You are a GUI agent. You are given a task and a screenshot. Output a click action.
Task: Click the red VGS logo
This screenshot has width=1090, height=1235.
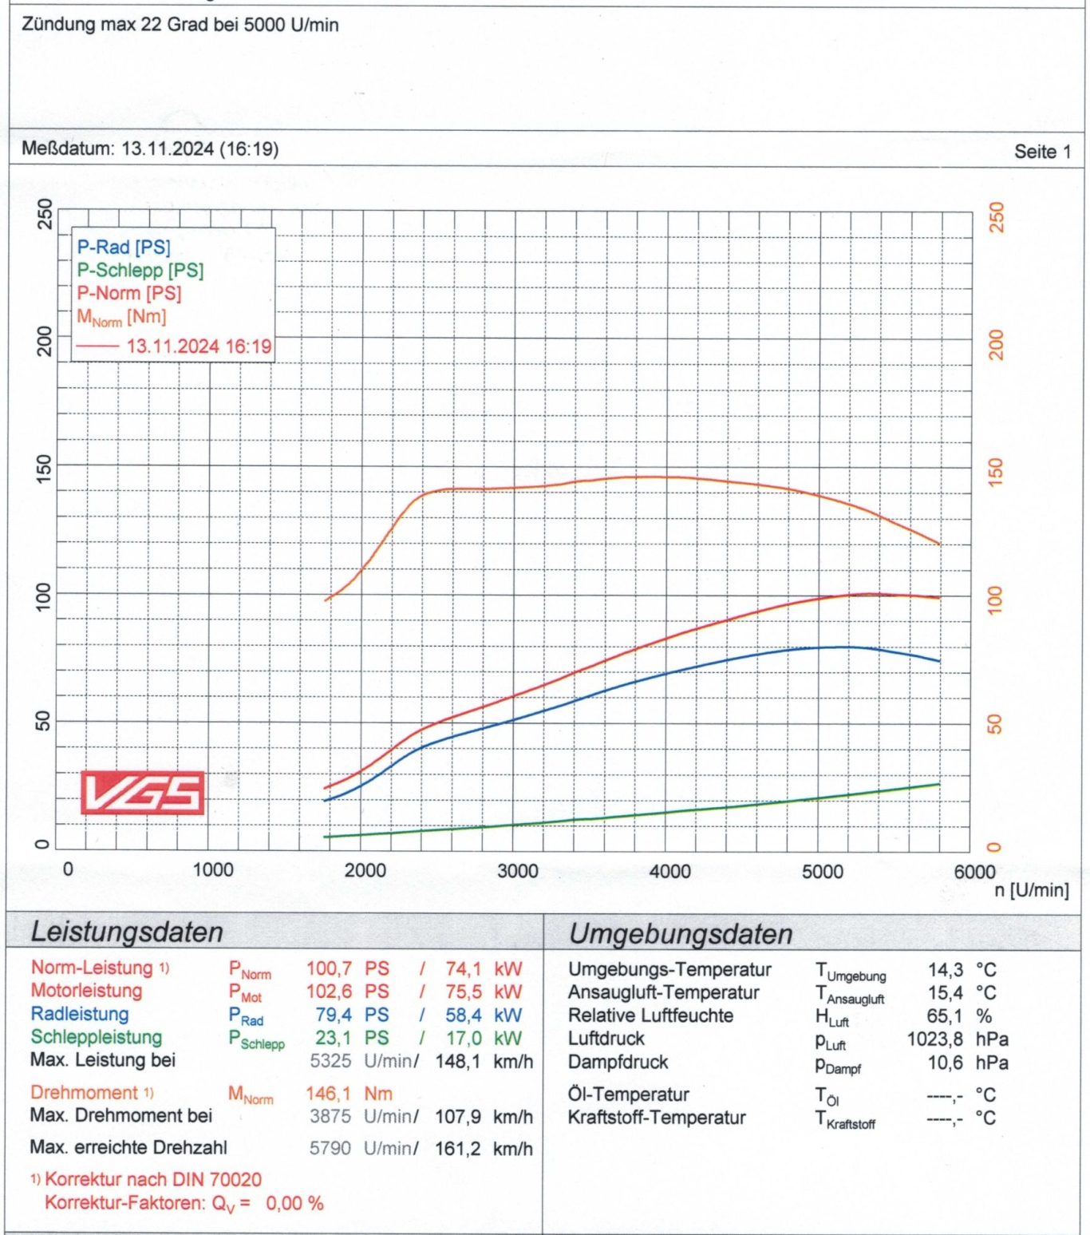coord(142,793)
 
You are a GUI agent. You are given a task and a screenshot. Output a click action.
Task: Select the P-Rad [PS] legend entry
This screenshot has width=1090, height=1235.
coord(124,247)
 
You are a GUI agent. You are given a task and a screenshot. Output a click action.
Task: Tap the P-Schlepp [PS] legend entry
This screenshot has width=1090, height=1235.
coord(140,271)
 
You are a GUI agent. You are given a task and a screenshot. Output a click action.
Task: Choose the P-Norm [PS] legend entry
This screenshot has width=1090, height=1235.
coord(129,293)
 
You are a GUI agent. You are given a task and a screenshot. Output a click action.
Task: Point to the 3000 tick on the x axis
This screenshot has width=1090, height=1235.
coord(518,871)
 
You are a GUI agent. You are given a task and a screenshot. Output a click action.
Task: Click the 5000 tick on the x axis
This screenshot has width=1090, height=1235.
coord(823,871)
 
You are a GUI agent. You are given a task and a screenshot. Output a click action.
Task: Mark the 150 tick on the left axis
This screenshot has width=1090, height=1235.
coord(44,465)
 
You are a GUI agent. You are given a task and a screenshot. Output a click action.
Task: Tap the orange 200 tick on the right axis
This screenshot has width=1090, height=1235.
coord(996,345)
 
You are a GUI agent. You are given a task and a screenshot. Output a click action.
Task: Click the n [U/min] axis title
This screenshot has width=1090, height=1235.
coord(1031,890)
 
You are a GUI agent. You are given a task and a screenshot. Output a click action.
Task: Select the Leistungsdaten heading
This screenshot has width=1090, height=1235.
coord(127,932)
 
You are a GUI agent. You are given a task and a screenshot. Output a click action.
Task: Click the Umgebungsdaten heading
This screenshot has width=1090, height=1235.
coord(681,934)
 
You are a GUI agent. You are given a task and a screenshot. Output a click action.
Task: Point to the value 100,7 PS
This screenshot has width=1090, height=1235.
coord(347,969)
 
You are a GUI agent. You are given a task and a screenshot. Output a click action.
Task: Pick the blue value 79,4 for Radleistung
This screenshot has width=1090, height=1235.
coord(334,1015)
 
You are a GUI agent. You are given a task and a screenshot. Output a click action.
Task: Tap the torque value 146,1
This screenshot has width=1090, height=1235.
coord(328,1094)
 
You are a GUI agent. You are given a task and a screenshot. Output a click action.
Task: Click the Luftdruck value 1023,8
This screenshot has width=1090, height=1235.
coord(934,1039)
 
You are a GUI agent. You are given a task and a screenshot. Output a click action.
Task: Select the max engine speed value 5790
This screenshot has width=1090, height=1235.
coord(330,1149)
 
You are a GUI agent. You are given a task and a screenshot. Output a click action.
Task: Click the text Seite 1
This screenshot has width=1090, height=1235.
coord(1042,152)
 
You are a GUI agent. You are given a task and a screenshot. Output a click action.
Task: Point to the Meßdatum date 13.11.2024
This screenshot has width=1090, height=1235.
coord(168,148)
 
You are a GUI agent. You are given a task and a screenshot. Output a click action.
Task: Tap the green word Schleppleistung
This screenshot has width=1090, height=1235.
coord(97,1037)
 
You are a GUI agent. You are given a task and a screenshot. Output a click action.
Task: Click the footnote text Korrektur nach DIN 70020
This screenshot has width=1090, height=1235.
coord(153,1179)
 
